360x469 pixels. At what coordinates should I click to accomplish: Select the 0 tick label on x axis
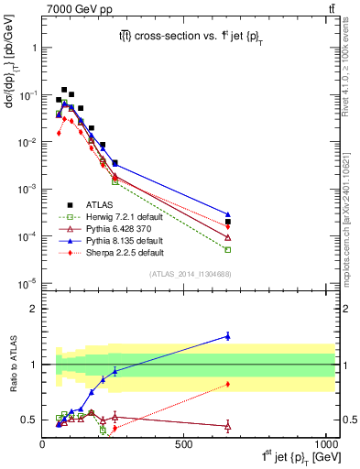[x=43, y=443]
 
